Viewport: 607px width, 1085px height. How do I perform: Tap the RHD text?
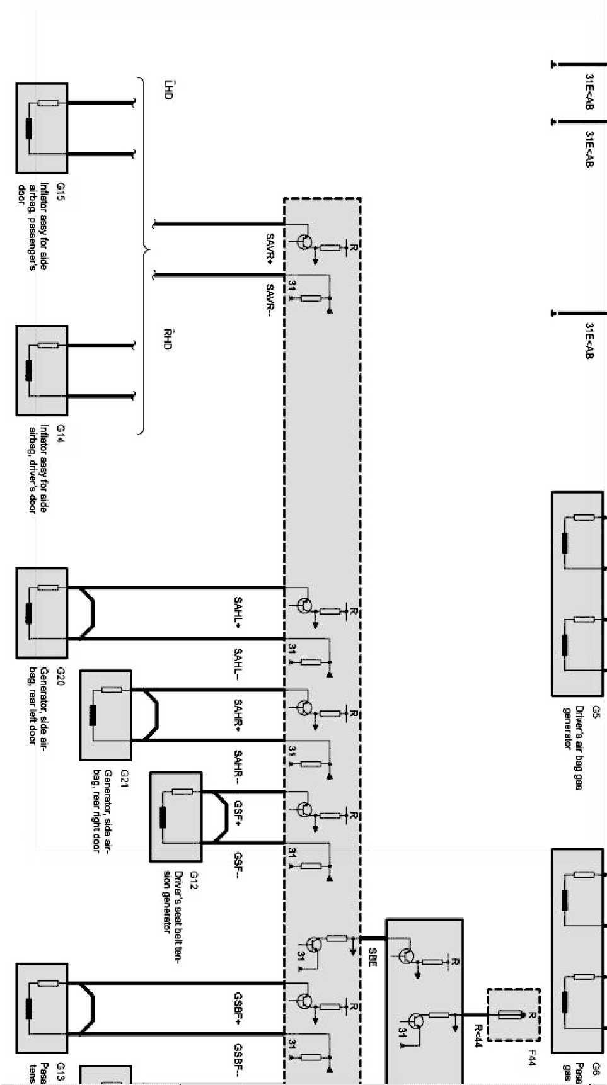click(x=167, y=338)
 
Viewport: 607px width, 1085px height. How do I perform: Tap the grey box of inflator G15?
click(x=42, y=128)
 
